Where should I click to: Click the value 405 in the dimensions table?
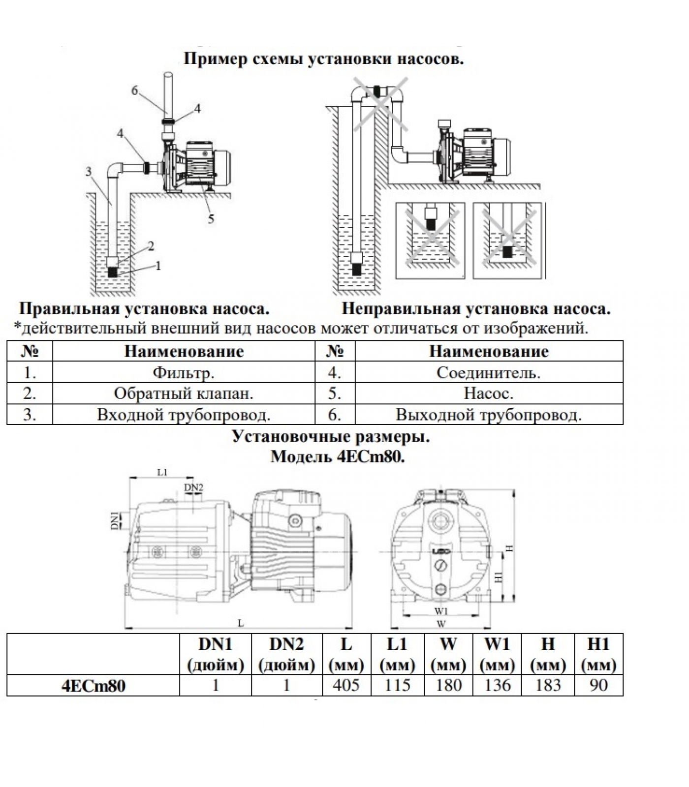tap(346, 685)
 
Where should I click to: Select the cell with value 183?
tap(548, 685)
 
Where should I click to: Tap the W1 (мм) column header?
tap(497, 654)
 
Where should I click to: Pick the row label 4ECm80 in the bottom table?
tap(93, 685)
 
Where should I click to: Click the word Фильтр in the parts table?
tap(184, 373)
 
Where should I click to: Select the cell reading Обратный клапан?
tap(184, 393)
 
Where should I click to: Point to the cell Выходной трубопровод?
tap(489, 415)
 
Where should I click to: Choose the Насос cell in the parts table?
tap(489, 393)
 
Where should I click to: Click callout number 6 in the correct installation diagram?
tap(135, 90)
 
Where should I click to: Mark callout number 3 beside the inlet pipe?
tap(89, 172)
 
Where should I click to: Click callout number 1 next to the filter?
tap(158, 266)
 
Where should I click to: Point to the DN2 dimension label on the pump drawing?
tap(193, 487)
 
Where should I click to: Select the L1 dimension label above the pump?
tap(162, 472)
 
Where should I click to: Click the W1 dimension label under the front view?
tap(441, 611)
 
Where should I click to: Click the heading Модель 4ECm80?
tap(338, 457)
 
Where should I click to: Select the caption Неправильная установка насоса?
tap(476, 309)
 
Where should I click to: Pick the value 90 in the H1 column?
tap(598, 685)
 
